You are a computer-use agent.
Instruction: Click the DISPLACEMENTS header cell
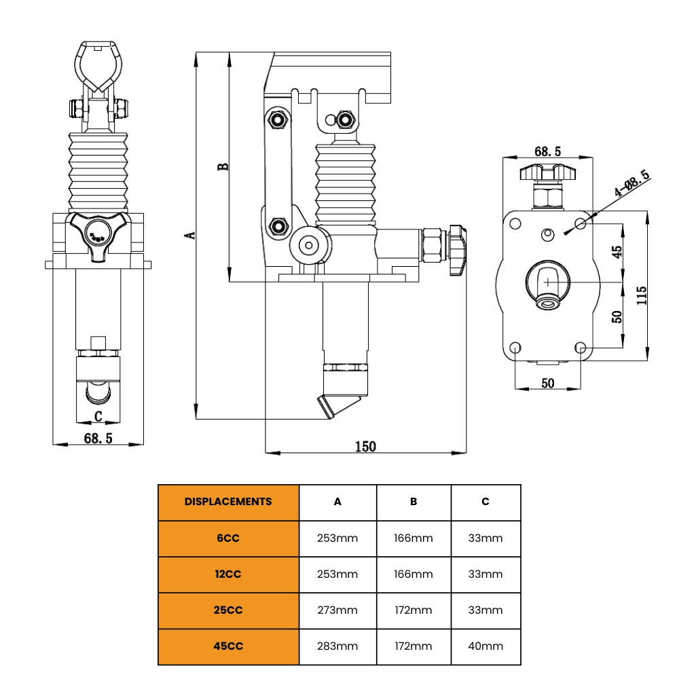(x=228, y=502)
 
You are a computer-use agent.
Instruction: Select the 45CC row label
(x=228, y=646)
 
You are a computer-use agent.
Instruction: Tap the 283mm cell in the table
(x=337, y=646)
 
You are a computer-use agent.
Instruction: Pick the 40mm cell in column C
(x=485, y=646)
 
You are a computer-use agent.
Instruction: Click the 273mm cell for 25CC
(x=337, y=610)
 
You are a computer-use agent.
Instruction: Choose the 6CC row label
(x=228, y=538)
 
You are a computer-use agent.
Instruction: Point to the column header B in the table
(x=414, y=502)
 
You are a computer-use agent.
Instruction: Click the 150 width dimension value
(x=365, y=446)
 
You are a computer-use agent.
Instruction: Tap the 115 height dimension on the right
(x=642, y=295)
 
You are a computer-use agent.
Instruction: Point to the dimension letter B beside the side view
(x=223, y=166)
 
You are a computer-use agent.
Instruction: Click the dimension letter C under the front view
(x=98, y=416)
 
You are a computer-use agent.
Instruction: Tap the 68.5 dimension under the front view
(x=98, y=438)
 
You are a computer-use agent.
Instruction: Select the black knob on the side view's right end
(x=457, y=249)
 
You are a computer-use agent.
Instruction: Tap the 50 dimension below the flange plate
(x=547, y=383)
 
